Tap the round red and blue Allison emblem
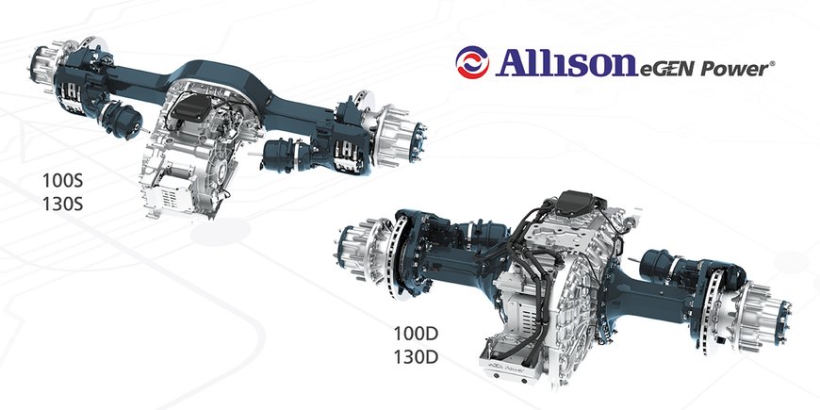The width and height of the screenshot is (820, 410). (473, 64)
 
